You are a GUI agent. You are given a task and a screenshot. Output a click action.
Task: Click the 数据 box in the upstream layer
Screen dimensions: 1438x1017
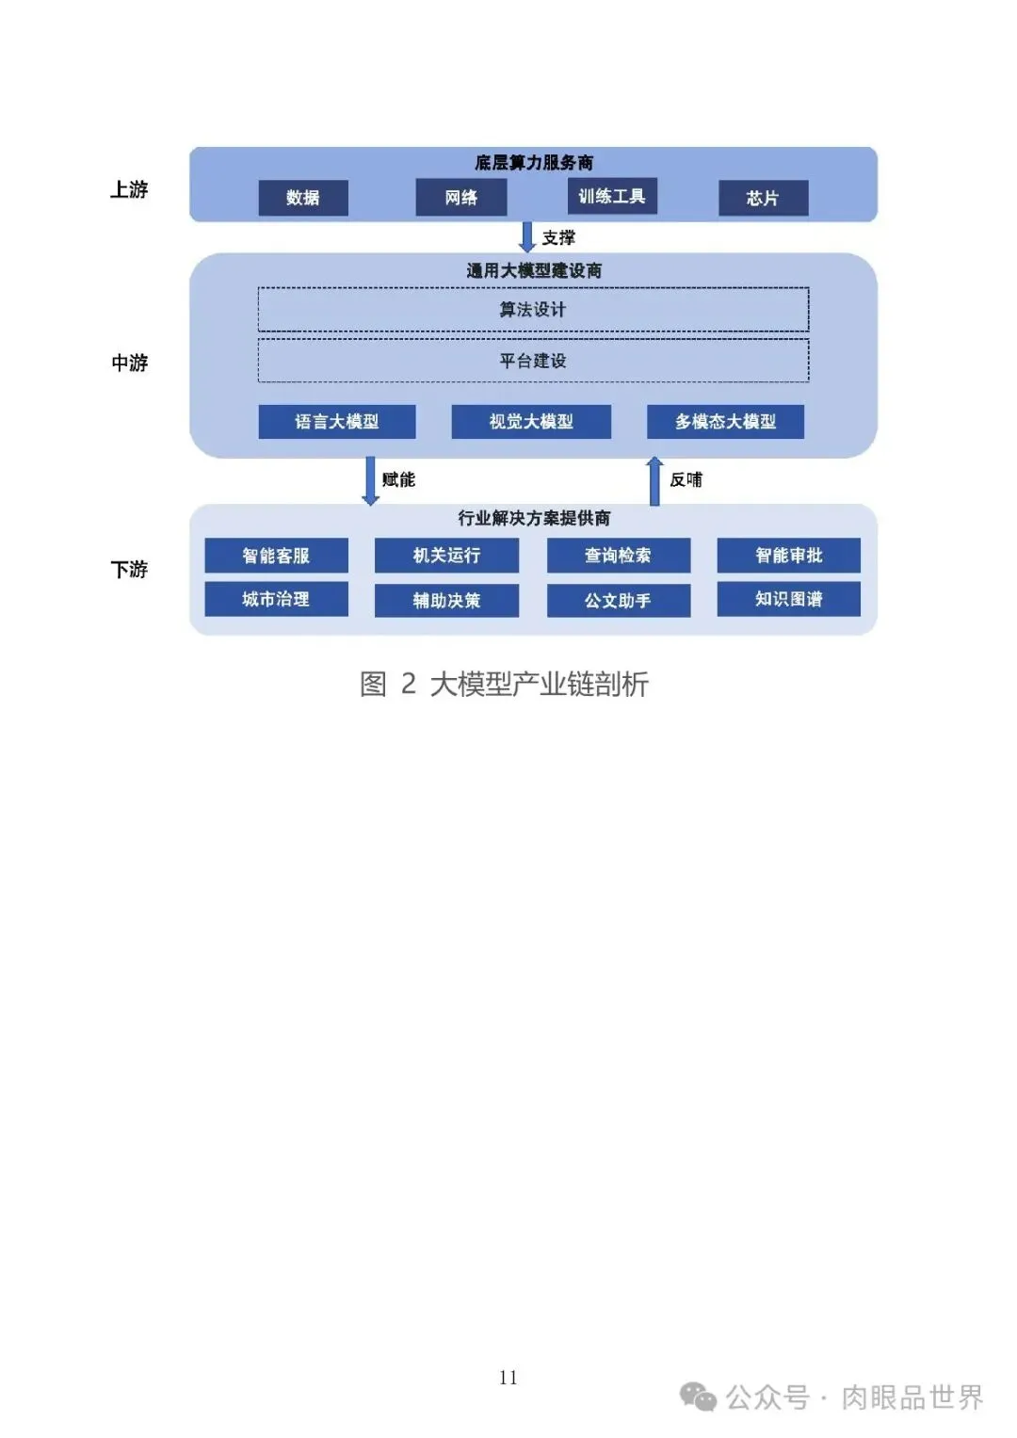click(303, 198)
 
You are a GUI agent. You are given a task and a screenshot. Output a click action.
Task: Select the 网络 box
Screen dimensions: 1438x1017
click(461, 198)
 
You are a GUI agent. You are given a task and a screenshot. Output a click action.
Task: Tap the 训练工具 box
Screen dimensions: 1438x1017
click(612, 196)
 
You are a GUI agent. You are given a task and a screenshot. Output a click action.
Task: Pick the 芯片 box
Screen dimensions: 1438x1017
click(763, 198)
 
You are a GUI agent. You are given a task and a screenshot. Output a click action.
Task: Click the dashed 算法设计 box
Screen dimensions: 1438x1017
click(533, 310)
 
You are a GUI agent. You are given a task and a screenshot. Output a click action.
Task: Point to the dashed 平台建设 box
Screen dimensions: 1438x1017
click(533, 361)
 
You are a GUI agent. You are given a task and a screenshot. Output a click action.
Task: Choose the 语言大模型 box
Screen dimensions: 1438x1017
click(337, 422)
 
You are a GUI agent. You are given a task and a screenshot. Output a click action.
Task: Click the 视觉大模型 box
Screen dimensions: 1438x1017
click(531, 422)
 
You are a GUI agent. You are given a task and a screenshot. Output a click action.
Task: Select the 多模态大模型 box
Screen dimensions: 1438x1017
click(725, 422)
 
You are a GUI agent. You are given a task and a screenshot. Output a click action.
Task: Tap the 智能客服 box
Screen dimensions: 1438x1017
click(276, 556)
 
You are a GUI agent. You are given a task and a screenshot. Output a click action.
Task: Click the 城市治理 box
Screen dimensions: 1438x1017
click(276, 599)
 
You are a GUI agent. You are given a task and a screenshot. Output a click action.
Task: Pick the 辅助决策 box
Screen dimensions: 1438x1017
click(446, 601)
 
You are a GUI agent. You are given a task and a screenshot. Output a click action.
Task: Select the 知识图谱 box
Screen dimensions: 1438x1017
click(788, 599)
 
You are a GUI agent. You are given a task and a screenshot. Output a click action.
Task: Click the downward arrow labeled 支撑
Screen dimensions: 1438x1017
click(527, 237)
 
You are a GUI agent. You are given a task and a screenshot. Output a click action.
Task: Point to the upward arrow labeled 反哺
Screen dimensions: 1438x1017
click(654, 480)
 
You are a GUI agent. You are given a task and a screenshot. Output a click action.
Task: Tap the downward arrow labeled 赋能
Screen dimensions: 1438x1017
click(371, 480)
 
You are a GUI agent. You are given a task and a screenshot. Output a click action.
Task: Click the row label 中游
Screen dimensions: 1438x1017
click(130, 363)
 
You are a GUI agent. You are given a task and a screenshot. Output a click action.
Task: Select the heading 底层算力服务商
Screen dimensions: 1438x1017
click(533, 163)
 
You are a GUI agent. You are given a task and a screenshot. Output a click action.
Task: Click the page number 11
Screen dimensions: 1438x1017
click(508, 1378)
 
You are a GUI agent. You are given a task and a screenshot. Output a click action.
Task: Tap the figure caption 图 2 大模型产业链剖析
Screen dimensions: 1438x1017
click(504, 684)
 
